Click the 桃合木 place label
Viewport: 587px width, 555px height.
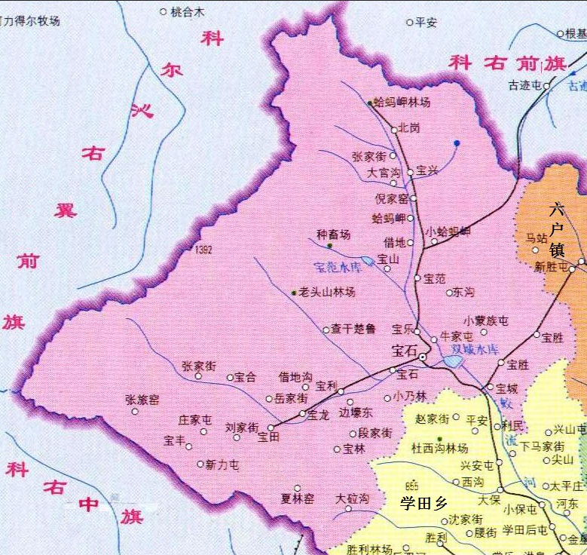click(188, 12)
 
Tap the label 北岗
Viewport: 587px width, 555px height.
click(409, 127)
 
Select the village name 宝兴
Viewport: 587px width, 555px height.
click(427, 171)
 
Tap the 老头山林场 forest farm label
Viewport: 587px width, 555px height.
click(327, 291)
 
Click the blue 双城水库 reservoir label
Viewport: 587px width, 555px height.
click(475, 349)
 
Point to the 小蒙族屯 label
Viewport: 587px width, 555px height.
click(486, 320)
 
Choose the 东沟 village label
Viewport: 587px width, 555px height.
click(461, 292)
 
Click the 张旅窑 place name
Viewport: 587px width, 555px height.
click(142, 400)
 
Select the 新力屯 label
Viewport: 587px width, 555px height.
click(222, 465)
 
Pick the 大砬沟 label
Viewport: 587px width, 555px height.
click(352, 498)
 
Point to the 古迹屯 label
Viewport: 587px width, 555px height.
click(524, 85)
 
